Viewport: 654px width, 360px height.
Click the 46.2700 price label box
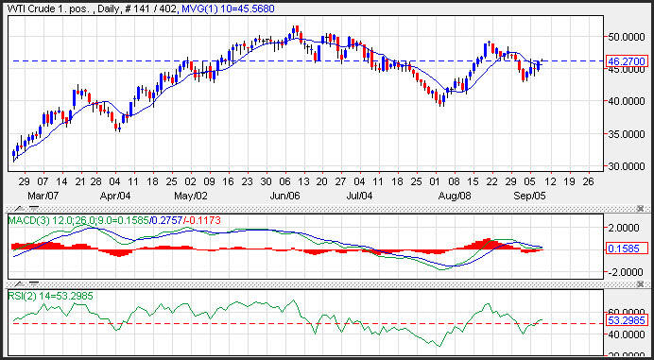pyautogui.click(x=627, y=61)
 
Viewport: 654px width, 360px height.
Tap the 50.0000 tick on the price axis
pyautogui.click(x=627, y=37)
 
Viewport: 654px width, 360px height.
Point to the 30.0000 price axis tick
pyautogui.click(x=627, y=166)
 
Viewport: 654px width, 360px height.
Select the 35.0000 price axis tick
pyautogui.click(x=627, y=134)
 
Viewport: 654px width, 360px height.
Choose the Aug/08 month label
pyautogui.click(x=456, y=196)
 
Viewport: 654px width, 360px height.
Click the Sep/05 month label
pyautogui.click(x=529, y=196)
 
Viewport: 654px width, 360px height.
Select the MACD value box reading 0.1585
pyautogui.click(x=627, y=249)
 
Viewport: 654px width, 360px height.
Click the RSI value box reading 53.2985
pyautogui.click(x=627, y=321)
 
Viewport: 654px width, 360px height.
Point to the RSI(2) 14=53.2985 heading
pyautogui.click(x=51, y=296)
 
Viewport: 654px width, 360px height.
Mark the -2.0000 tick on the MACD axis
pyautogui.click(x=627, y=272)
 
